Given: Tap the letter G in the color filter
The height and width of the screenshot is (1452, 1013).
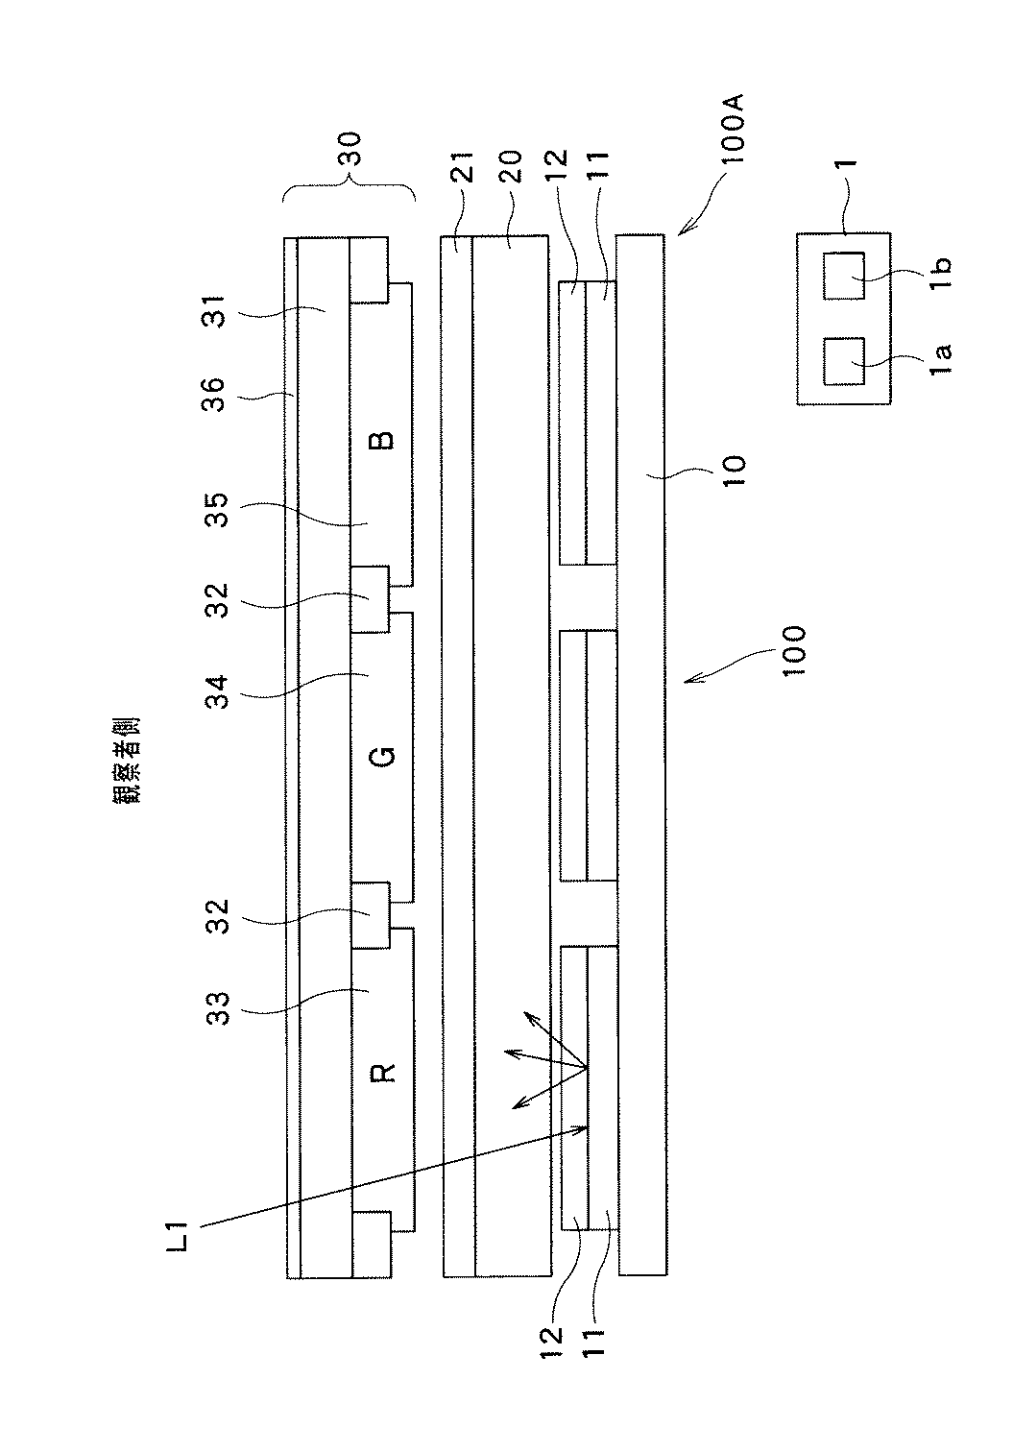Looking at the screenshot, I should point(382,757).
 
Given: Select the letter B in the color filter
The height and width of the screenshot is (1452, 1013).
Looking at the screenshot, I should point(382,441).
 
